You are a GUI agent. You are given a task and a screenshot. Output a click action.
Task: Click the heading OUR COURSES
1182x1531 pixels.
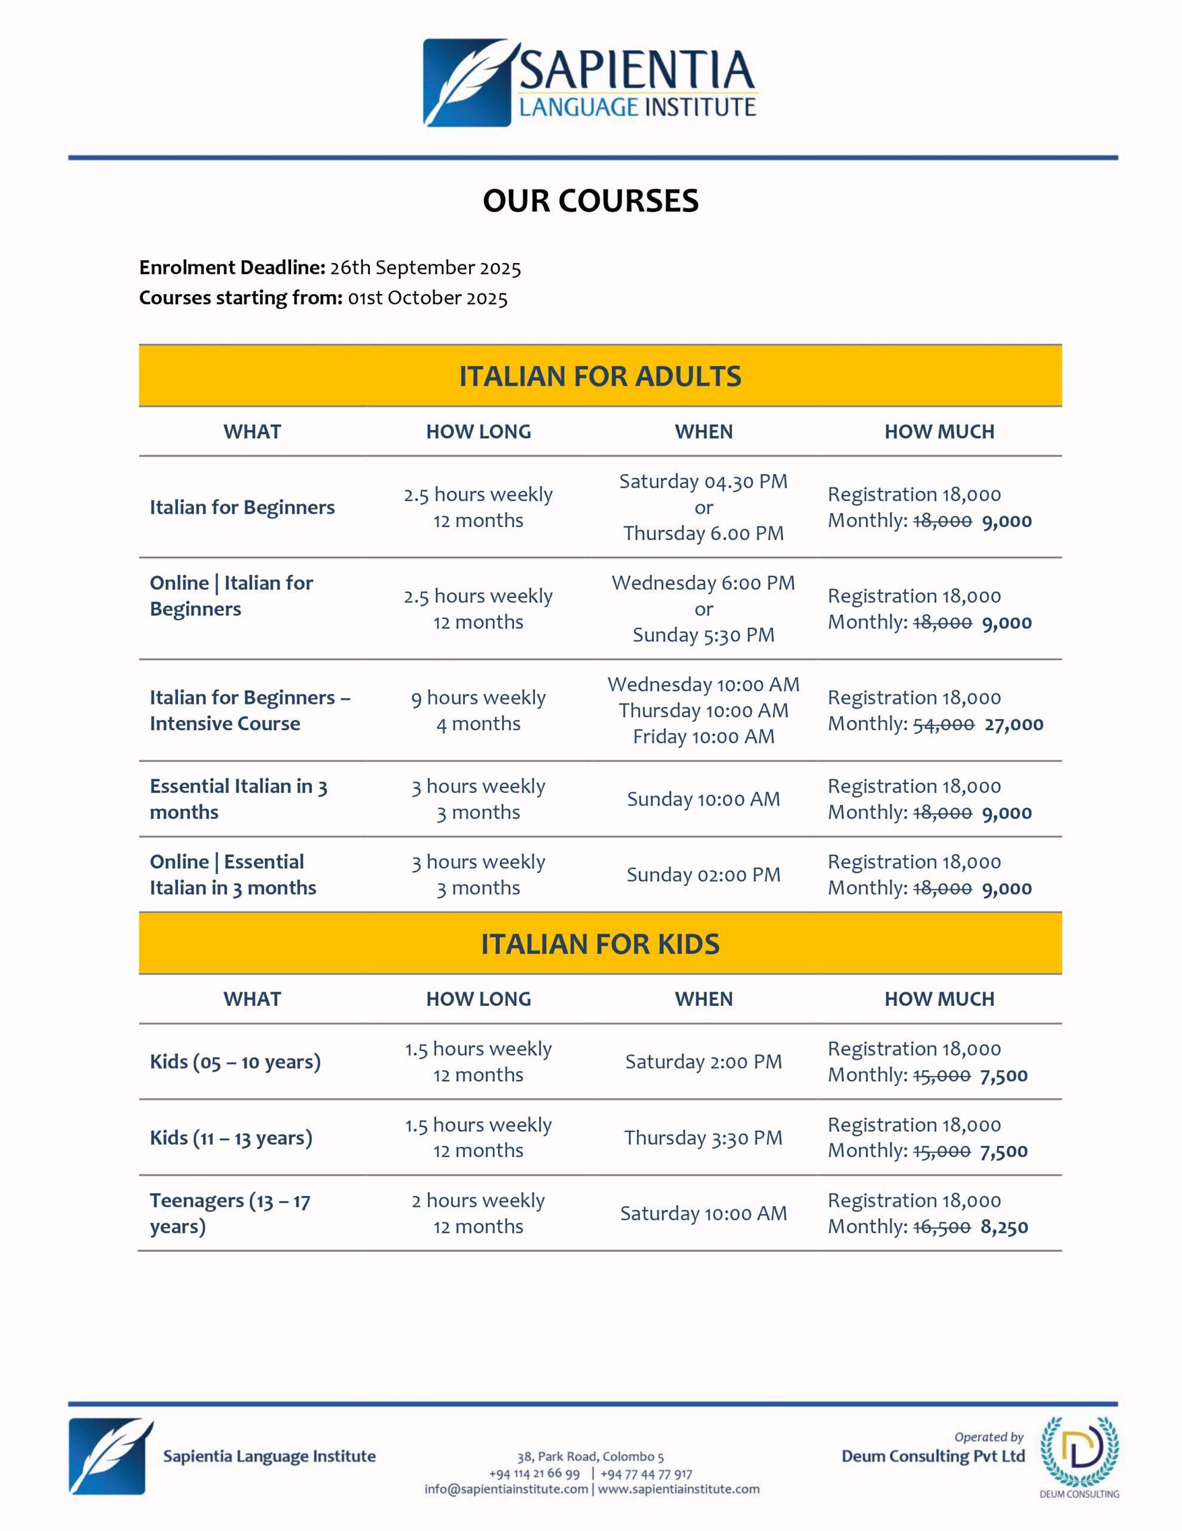(x=590, y=201)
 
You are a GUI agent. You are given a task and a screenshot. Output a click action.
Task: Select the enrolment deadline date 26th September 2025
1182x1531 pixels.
(x=425, y=268)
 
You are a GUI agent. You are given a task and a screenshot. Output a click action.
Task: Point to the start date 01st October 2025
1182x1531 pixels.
(x=427, y=298)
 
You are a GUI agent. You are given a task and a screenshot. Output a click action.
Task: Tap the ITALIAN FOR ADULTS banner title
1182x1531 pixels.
(x=600, y=376)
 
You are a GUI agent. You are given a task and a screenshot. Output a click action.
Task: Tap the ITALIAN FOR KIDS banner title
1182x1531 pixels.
(x=600, y=944)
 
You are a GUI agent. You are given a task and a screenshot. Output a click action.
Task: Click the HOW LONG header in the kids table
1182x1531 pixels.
(x=479, y=999)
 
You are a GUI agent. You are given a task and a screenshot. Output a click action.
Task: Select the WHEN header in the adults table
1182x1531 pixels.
(x=703, y=432)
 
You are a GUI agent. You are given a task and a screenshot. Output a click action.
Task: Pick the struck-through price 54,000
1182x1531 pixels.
(x=943, y=724)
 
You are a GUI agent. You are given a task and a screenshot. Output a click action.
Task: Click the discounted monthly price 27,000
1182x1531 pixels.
(x=1013, y=724)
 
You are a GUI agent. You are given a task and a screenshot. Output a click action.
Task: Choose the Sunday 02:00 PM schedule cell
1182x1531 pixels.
(x=703, y=875)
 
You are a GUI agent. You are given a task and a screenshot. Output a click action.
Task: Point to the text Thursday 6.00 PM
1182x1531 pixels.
(x=703, y=533)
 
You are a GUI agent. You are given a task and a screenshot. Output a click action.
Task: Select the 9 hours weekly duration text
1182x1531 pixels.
(x=479, y=698)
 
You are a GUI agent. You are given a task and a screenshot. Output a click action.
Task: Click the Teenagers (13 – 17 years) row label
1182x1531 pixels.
(x=230, y=1213)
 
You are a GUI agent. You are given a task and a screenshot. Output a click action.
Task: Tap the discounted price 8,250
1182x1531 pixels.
(x=1004, y=1227)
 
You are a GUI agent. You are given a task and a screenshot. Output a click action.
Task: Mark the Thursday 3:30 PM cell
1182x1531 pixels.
(x=703, y=1137)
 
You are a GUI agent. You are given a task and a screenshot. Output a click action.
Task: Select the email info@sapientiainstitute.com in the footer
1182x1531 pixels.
(x=506, y=1489)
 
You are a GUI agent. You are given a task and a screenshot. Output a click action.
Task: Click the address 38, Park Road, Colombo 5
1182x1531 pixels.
(x=590, y=1457)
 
